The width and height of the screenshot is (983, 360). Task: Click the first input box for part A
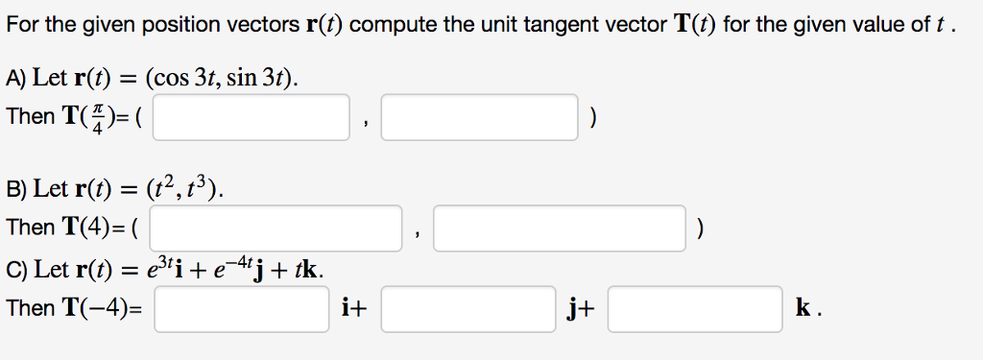pyautogui.click(x=251, y=117)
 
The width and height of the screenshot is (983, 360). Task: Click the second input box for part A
pyautogui.click(x=480, y=117)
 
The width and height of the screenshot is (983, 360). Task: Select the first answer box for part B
pyautogui.click(x=276, y=228)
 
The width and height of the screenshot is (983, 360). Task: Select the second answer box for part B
pyautogui.click(x=561, y=228)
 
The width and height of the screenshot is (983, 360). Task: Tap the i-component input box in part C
pyautogui.click(x=242, y=309)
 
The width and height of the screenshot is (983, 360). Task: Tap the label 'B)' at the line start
pyautogui.click(x=16, y=189)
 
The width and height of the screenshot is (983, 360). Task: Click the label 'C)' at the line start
pyautogui.click(x=16, y=270)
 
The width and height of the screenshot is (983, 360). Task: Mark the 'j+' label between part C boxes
pyautogui.click(x=581, y=309)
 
